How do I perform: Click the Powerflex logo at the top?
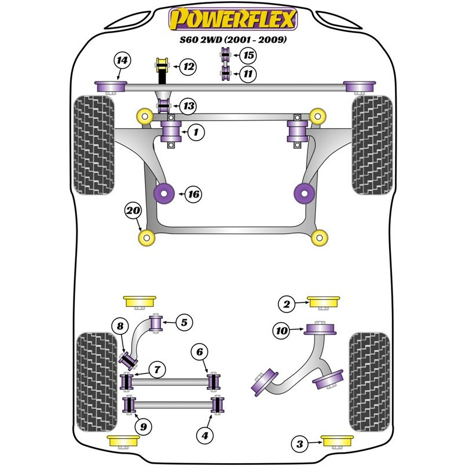pos(233,19)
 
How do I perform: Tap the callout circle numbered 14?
pos(122,61)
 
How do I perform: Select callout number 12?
pos(188,66)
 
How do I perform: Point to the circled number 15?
pos(248,55)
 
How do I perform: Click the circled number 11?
pos(248,73)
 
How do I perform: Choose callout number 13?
pos(188,106)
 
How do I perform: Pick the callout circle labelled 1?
pos(196,132)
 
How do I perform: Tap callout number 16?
pos(193,194)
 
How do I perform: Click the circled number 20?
pos(133,211)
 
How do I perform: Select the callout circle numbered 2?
pos(287,303)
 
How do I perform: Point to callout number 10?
pos(281,330)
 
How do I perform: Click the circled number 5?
pos(184,322)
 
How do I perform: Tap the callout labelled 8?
pos(120,326)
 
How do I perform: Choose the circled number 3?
pos(300,444)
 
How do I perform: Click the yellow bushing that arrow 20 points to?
pos(147,238)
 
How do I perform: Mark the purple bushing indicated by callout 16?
pos(164,193)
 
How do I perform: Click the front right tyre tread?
pos(372,145)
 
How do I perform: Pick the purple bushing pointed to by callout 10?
pos(320,329)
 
